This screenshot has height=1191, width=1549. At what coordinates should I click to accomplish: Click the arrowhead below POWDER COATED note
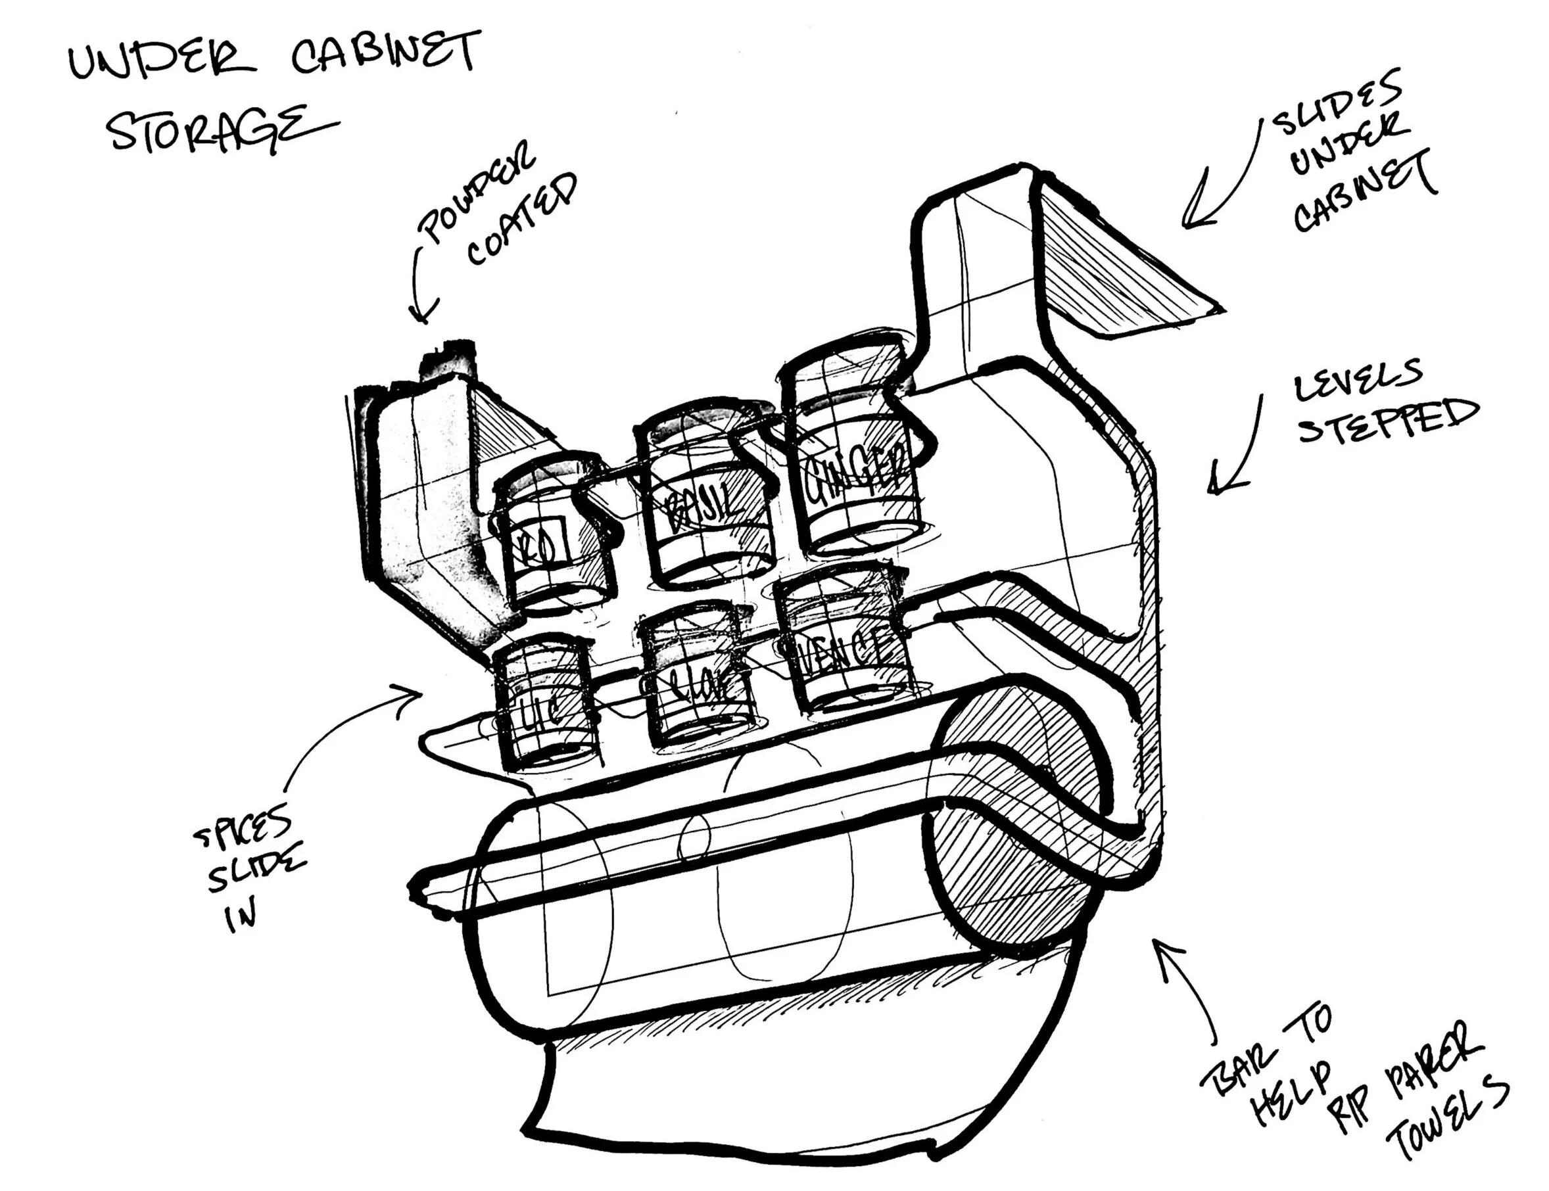pos(423,312)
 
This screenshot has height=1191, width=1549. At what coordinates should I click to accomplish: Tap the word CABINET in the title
pos(387,54)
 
